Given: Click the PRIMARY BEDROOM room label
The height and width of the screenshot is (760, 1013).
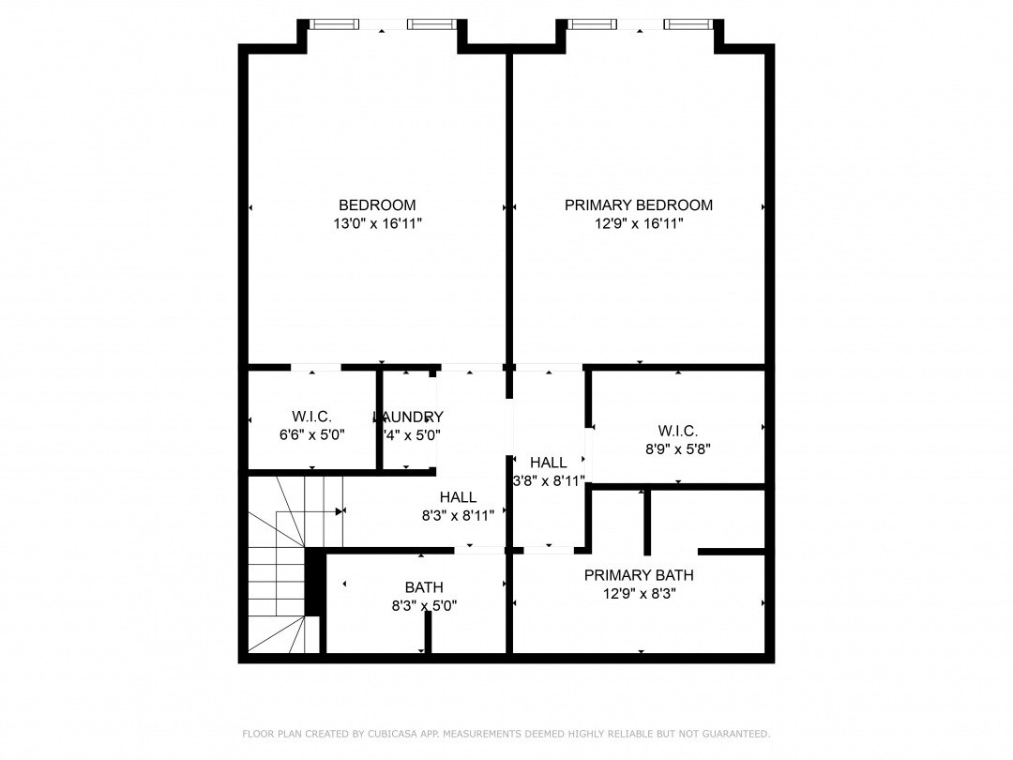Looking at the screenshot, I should click(638, 205).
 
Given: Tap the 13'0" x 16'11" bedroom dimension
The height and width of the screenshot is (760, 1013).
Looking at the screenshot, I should click(377, 224).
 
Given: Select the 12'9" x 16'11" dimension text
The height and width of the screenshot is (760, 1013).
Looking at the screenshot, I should click(638, 224).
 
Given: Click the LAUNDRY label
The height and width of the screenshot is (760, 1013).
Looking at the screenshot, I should click(408, 417).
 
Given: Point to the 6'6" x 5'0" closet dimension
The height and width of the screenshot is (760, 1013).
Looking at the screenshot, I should click(312, 435).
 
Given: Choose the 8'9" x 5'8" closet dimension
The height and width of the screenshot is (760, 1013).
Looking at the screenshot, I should click(677, 449).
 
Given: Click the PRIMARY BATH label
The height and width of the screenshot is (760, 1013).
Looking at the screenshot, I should click(639, 575).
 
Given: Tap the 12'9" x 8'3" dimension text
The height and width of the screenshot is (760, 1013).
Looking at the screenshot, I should click(639, 594).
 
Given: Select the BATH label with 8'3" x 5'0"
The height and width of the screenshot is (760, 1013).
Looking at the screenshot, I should click(424, 587).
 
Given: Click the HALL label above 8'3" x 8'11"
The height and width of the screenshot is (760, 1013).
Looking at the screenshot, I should click(458, 497).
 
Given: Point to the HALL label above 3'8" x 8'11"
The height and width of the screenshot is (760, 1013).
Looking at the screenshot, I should click(548, 463).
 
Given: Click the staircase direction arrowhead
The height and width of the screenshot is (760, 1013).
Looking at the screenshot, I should click(340, 511).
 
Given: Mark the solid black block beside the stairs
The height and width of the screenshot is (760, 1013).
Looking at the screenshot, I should click(315, 584).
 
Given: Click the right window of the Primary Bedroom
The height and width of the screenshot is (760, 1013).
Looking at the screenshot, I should click(688, 24).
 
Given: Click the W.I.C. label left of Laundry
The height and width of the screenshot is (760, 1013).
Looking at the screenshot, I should click(312, 417).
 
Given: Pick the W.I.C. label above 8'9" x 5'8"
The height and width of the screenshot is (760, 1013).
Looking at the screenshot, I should click(677, 431).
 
